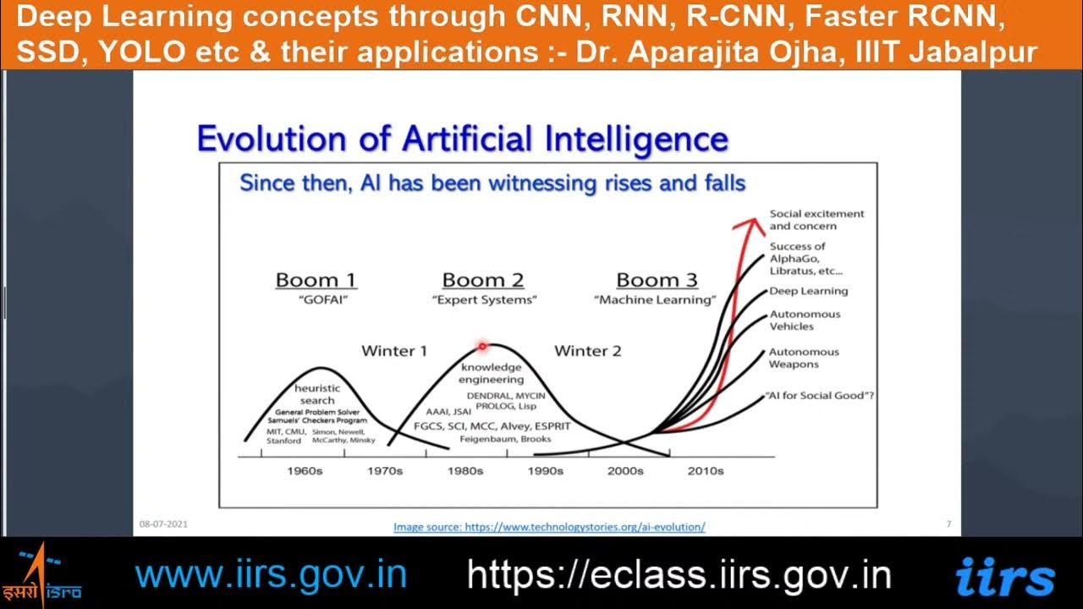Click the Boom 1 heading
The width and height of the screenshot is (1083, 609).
coord(316,280)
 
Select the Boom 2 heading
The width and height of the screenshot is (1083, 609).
coord(483,280)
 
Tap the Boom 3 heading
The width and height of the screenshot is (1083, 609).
coord(657,280)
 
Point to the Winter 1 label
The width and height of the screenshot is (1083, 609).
coord(394,350)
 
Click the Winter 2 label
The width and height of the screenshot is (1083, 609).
coord(587,350)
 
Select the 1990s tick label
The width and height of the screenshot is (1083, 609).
coord(545,470)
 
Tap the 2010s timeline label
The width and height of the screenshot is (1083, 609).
coord(705,470)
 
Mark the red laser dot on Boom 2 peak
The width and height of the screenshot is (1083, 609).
coord(482,345)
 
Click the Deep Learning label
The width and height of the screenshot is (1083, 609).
coord(808,291)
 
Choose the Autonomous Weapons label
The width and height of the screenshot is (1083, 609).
coord(804,358)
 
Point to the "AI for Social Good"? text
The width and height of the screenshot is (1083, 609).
coord(819,396)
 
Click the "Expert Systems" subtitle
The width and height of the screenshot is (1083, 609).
coord(484,300)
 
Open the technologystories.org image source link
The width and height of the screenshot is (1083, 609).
coord(549,527)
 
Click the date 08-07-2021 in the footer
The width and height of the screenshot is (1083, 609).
coord(163,524)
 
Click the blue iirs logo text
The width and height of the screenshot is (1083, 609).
coord(1005,577)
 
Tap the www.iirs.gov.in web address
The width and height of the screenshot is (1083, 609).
coord(271,575)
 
